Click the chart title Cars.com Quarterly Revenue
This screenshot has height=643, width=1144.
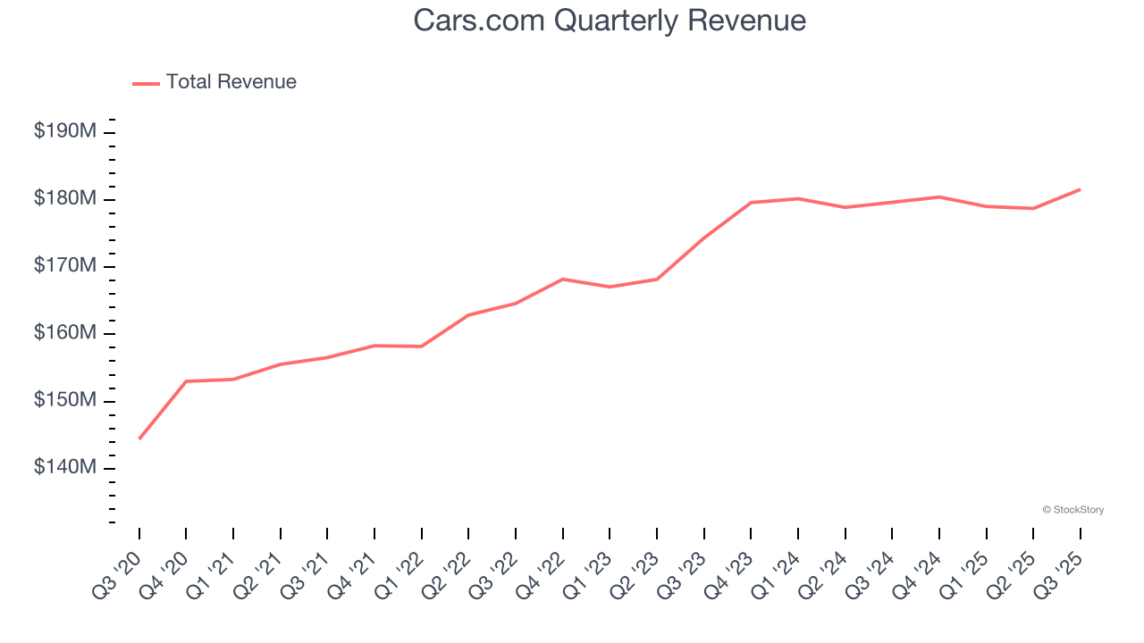point(610,21)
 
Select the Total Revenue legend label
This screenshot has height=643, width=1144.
point(231,82)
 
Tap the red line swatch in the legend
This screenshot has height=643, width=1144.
point(146,83)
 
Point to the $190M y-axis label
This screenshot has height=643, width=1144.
point(65,131)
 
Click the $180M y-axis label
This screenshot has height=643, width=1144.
point(65,198)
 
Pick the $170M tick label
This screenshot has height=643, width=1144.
point(65,266)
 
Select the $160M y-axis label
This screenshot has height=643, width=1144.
point(65,333)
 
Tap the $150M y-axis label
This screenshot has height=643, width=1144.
point(65,400)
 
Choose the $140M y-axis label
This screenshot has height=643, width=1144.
point(65,468)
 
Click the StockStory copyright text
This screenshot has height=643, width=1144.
point(1072,510)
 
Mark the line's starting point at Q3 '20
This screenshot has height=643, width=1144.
point(139,438)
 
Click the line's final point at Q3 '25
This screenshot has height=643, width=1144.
point(1080,189)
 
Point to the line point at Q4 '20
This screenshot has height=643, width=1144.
point(186,381)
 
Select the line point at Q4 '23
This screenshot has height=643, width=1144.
point(751,203)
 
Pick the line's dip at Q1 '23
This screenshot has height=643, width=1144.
point(610,287)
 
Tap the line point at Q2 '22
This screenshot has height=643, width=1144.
point(468,315)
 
